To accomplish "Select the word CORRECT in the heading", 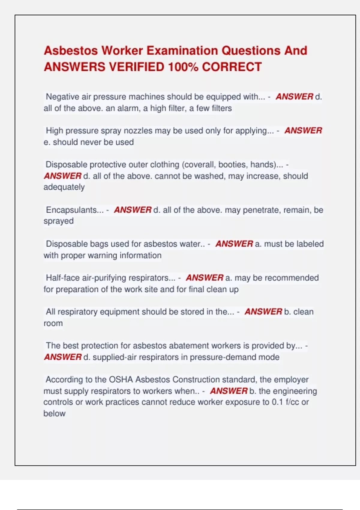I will click(232, 67).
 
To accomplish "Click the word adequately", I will click(64, 187).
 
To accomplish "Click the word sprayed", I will click(58, 221).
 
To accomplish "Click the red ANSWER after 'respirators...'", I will click(205, 278).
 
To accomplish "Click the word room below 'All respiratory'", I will click(53, 323).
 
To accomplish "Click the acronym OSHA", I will click(121, 379).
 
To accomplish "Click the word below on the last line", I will click(54, 414).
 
